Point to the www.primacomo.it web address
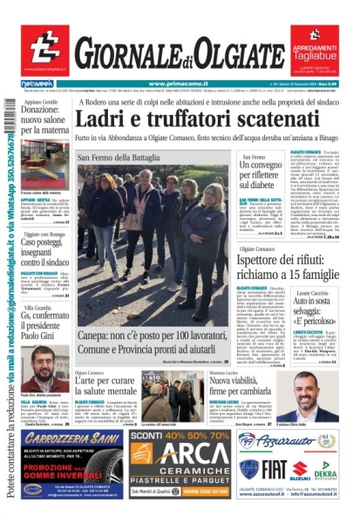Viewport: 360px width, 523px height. pyautogui.click(x=180, y=84)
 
